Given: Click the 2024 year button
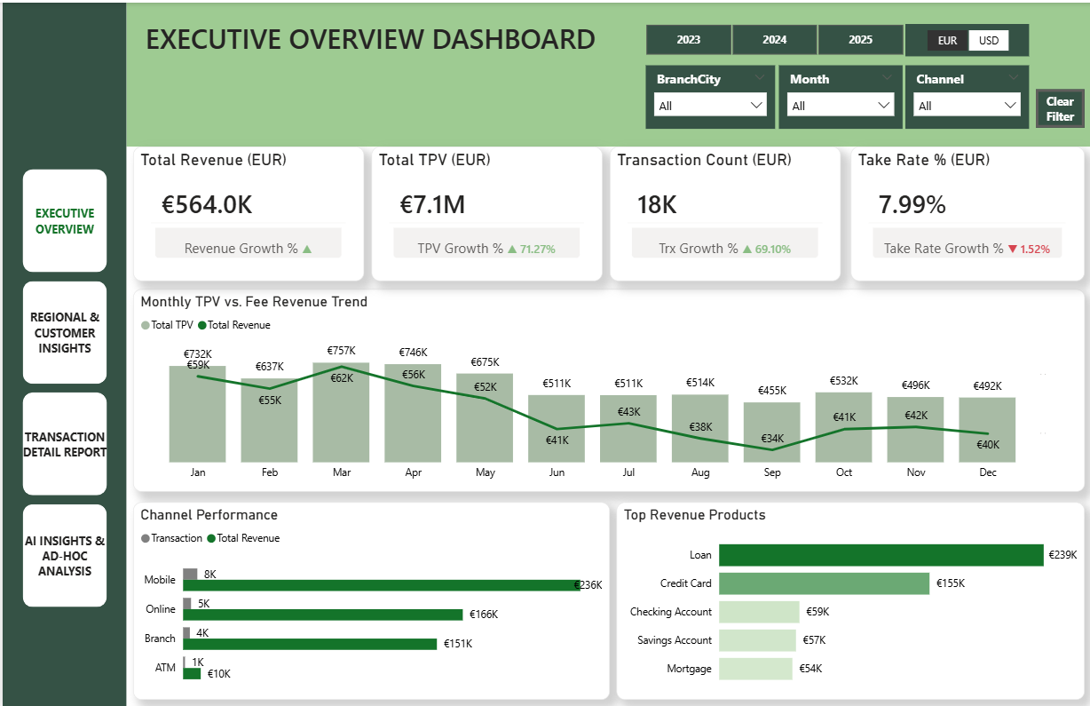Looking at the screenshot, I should coord(774,40).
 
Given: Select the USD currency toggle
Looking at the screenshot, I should coord(989,41).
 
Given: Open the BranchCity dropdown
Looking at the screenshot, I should coord(709,106).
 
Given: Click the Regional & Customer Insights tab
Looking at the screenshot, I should coord(65,333).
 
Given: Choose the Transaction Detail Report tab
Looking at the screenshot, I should coord(65,444).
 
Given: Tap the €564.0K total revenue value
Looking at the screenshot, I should coord(207,205).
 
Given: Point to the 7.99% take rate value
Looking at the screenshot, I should coord(912,205).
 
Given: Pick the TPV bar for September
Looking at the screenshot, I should coord(771,432).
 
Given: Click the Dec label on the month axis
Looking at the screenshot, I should coord(988,472).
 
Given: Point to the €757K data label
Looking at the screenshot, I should coord(341,351).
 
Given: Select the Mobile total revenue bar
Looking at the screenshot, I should coord(381,585).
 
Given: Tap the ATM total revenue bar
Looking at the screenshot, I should coord(192,674).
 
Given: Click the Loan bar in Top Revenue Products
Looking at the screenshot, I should coord(881,555).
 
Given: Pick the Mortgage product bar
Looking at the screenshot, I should coord(754,669).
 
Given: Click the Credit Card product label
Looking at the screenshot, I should coord(685,583).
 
